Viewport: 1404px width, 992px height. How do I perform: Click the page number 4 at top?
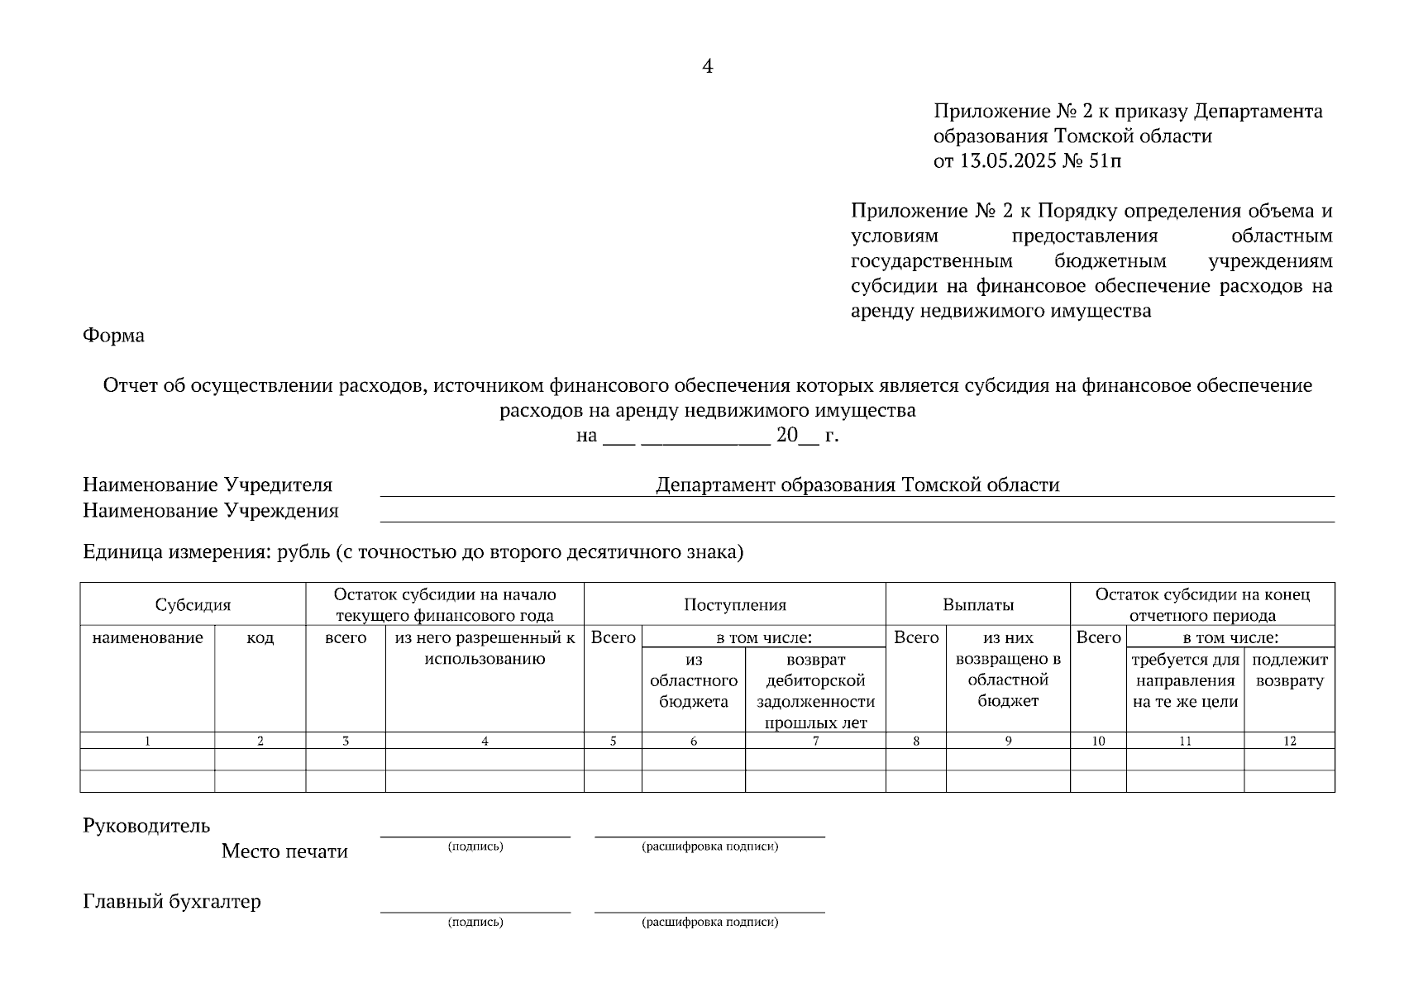[x=707, y=66]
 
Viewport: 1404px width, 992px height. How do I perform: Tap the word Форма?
[x=113, y=336]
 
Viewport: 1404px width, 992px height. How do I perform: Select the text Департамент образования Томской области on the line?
[x=857, y=485]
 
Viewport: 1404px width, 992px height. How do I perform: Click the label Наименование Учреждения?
[x=210, y=511]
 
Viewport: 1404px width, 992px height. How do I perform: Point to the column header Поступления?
[x=734, y=605]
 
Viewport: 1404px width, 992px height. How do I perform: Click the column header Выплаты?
[x=977, y=605]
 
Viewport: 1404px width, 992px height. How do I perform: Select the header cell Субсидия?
[x=193, y=605]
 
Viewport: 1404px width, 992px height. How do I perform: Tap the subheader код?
[x=260, y=638]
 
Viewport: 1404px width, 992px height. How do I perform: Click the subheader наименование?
[x=147, y=638]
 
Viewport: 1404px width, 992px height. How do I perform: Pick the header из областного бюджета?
[x=693, y=681]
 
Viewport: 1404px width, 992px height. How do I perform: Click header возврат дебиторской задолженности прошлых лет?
[x=815, y=691]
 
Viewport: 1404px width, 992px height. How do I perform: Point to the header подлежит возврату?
[x=1289, y=670]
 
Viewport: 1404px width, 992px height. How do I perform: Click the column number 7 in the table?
[x=815, y=742]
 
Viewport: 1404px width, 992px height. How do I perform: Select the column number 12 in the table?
[x=1289, y=742]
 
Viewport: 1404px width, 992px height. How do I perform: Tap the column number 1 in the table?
[x=147, y=742]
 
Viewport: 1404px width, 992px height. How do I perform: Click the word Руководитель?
[x=146, y=826]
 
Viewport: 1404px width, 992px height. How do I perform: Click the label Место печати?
[x=284, y=851]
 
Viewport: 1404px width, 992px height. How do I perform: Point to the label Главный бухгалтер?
[x=171, y=901]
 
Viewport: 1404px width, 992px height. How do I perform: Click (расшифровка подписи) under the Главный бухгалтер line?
[x=709, y=922]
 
